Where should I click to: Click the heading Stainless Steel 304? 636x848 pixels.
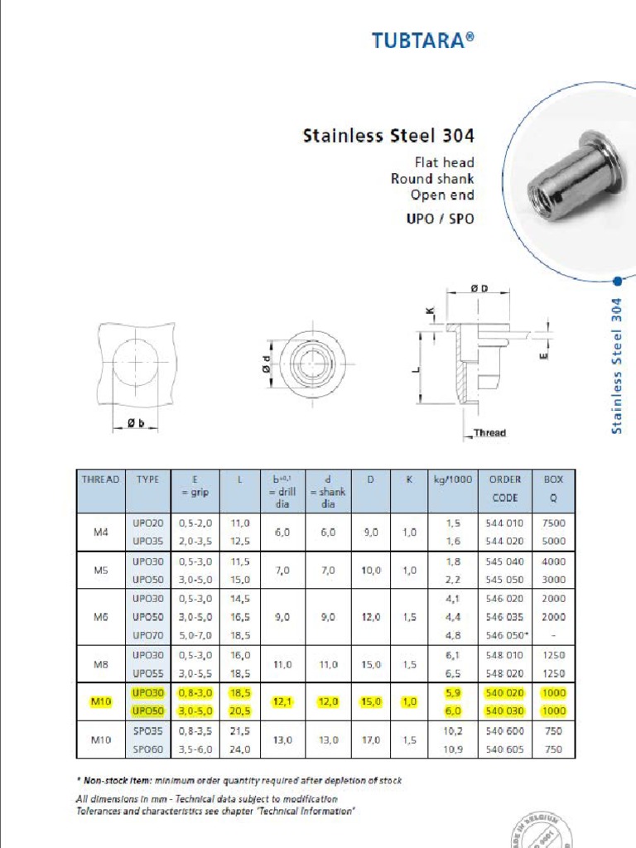388,135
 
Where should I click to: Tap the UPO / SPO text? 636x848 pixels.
442,220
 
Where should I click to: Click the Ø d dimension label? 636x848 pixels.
267,363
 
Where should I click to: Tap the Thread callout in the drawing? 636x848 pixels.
489,432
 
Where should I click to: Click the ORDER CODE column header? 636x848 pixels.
504,489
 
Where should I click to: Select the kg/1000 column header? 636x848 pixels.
453,479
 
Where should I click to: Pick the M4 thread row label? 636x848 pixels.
100,532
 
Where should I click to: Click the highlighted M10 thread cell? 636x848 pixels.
100,702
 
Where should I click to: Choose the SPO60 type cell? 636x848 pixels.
149,749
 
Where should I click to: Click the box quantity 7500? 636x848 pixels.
553,523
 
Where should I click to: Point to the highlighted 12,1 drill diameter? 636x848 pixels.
283,702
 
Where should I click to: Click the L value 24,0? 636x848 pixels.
240,749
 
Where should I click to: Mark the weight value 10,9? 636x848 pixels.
452,749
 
